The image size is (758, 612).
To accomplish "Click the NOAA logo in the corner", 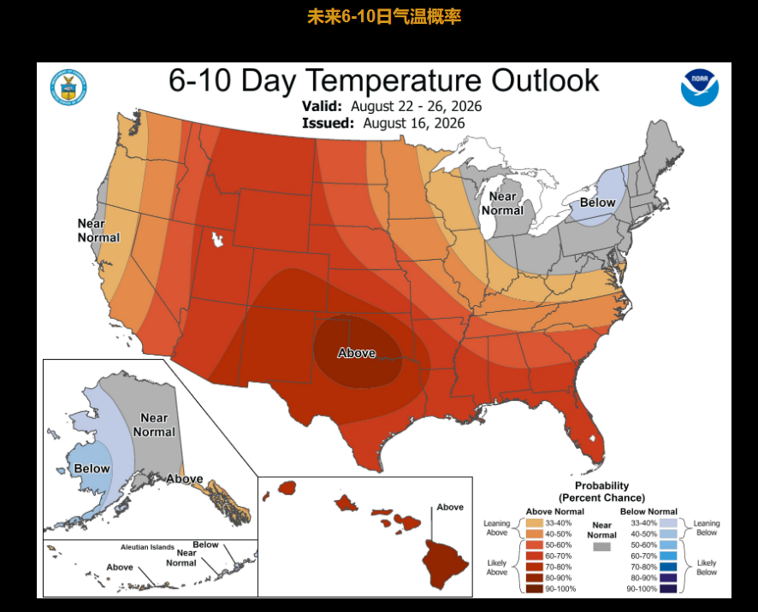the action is pyautogui.click(x=700, y=87).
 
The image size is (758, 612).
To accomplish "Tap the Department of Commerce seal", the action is pyautogui.click(x=68, y=87).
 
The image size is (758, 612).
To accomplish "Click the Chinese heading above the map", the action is pyautogui.click(x=384, y=17).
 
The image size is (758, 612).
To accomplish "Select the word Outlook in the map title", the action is pyautogui.click(x=545, y=80).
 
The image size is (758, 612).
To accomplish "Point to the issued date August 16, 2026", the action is pyautogui.click(x=414, y=123).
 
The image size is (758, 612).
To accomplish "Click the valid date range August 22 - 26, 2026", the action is pyautogui.click(x=417, y=106).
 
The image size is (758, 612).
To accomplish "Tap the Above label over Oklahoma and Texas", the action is pyautogui.click(x=356, y=353).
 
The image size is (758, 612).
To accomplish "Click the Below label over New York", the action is pyautogui.click(x=597, y=203).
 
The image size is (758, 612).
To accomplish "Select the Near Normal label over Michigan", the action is pyautogui.click(x=502, y=203).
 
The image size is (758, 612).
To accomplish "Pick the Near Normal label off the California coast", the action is pyautogui.click(x=98, y=231).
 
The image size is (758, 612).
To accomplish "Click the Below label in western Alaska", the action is pyautogui.click(x=92, y=468).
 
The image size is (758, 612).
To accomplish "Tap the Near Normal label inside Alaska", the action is pyautogui.click(x=154, y=425).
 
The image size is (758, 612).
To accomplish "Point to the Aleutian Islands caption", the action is pyautogui.click(x=147, y=547).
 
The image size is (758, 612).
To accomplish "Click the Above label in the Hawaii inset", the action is pyautogui.click(x=450, y=507).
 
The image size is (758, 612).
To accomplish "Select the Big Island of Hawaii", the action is pyautogui.click(x=445, y=564).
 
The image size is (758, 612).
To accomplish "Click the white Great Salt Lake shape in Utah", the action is pyautogui.click(x=217, y=239).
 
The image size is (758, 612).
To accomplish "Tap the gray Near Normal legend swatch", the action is pyautogui.click(x=601, y=547).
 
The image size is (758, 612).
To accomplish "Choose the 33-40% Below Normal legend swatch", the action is pyautogui.click(x=668, y=523).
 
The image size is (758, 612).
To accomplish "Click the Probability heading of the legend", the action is pyautogui.click(x=601, y=485).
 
